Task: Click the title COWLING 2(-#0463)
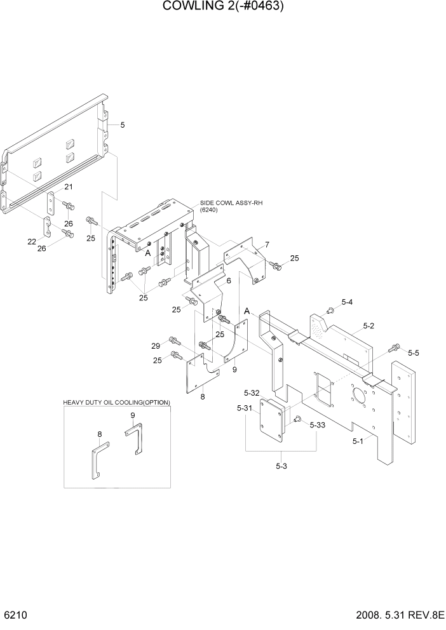[223, 7]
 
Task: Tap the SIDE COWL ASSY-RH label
[231, 203]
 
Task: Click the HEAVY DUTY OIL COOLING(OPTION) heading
[116, 403]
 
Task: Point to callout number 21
[68, 187]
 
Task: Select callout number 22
[32, 241]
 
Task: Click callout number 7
[267, 245]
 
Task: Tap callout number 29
[156, 345]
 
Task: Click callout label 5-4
[347, 302]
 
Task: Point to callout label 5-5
[414, 352]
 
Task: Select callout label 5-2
[368, 326]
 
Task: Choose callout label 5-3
[281, 467]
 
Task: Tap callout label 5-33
[318, 426]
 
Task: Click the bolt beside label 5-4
[330, 310]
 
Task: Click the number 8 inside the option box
[100, 434]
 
